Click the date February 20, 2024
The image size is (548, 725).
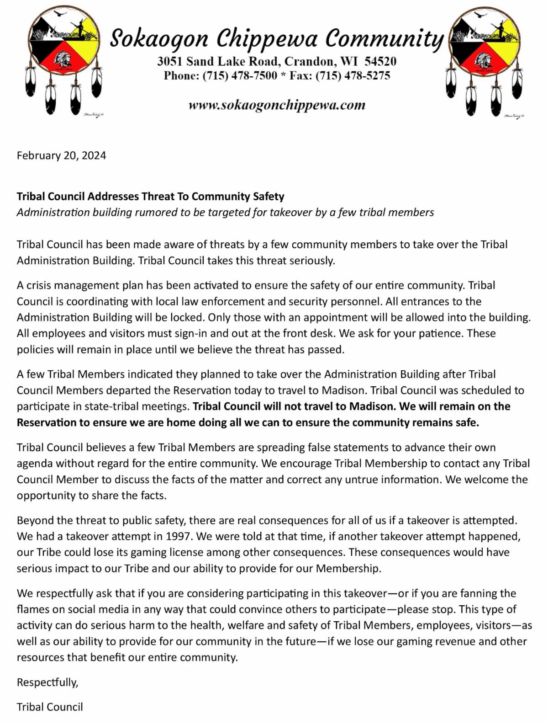pyautogui.click(x=61, y=155)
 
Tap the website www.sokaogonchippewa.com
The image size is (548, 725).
pyautogui.click(x=277, y=105)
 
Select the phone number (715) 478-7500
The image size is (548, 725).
pyautogui.click(x=240, y=76)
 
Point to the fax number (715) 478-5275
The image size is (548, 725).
pyautogui.click(x=353, y=76)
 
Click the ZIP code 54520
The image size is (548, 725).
pyautogui.click(x=380, y=62)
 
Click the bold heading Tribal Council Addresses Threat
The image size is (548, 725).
pyautogui.click(x=150, y=197)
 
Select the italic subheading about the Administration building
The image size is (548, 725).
pyautogui.click(x=225, y=213)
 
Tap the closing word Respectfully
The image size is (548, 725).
pyautogui.click(x=47, y=682)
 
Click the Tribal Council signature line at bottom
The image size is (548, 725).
pyautogui.click(x=50, y=707)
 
